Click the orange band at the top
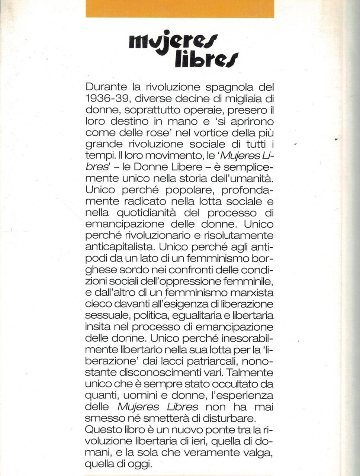click(x=180, y=9)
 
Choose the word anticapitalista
click(x=120, y=247)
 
